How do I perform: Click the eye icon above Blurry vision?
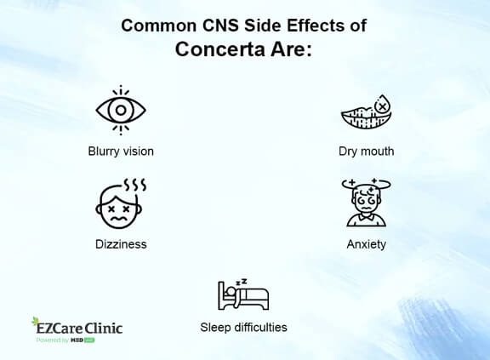(x=121, y=110)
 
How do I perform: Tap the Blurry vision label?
(x=121, y=151)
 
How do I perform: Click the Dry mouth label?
(x=366, y=151)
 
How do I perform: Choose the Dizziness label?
(x=121, y=244)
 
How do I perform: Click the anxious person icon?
(x=366, y=204)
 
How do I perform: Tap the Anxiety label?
(x=366, y=244)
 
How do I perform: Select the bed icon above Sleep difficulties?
(x=243, y=295)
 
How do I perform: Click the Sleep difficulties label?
(x=243, y=327)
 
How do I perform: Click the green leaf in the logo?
(x=36, y=323)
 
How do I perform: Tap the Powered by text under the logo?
(x=52, y=340)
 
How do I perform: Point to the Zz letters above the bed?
(x=241, y=281)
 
